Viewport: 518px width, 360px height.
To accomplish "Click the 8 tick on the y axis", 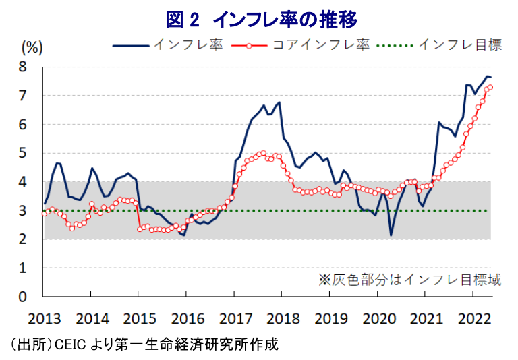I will coord(22,67).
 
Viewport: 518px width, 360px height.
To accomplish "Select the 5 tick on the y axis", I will coord(22,153).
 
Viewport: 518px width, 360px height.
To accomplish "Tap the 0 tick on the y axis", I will coord(22,297).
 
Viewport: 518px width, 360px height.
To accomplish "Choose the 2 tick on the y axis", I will coord(22,239).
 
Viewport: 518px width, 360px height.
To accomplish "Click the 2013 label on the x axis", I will coord(44,318).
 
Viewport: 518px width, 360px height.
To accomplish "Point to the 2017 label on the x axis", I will coord(234,318).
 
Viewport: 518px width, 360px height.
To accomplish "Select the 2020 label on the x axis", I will coord(378,318).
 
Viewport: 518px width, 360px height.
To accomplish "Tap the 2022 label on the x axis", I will coord(473,318).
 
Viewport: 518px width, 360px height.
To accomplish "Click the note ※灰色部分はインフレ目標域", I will coord(409,280).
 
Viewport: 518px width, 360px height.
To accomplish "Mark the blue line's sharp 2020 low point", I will coord(391,235).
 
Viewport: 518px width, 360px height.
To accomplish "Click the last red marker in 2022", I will coord(490,87).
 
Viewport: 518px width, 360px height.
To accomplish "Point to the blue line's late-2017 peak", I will coord(279,102).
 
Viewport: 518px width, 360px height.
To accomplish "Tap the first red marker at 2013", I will coord(45,214).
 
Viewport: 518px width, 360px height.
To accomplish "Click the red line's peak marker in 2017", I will coord(262,153).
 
